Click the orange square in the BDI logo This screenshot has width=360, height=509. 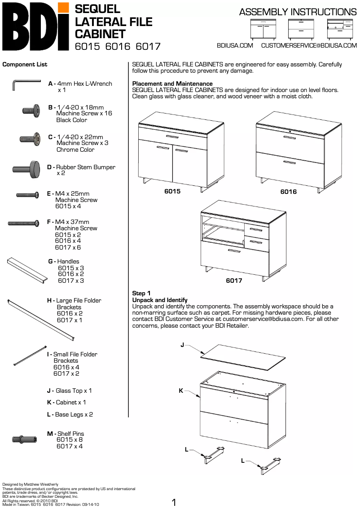click(x=64, y=7)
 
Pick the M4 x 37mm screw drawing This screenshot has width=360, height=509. click(x=23, y=223)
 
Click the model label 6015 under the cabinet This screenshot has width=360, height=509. click(x=172, y=191)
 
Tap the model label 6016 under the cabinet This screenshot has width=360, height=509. click(x=289, y=192)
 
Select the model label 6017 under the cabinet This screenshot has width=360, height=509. click(x=234, y=281)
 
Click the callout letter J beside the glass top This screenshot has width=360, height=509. click(x=182, y=345)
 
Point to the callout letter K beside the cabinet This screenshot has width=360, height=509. click(x=181, y=391)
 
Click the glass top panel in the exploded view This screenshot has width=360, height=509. click(x=243, y=357)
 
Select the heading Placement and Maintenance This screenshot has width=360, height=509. click(x=172, y=83)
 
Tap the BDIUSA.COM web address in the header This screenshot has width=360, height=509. click(x=235, y=45)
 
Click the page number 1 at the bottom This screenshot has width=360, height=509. click(x=174, y=502)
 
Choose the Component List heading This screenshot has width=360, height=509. click(x=25, y=64)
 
